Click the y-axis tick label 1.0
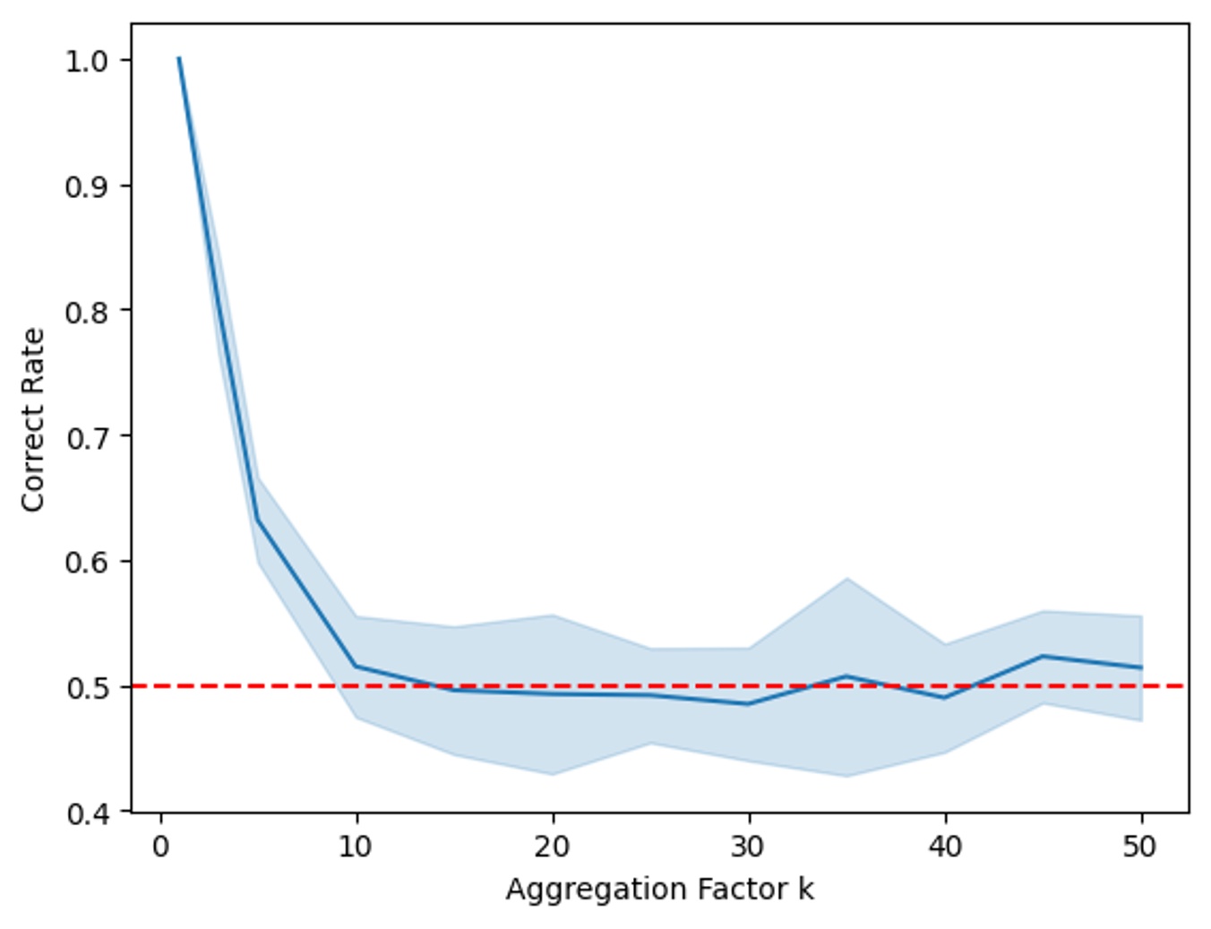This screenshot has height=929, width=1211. coord(86,61)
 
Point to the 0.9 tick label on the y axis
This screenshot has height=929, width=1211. coord(86,186)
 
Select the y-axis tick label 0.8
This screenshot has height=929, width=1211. coord(86,312)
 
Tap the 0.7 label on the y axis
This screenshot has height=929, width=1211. coord(86,437)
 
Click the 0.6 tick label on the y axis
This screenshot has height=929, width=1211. coord(86,563)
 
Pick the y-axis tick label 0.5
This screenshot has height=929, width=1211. coord(86,687)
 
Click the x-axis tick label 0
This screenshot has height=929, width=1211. coord(160,847)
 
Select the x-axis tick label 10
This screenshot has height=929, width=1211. coord(356,847)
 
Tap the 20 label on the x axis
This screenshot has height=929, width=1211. coord(552,847)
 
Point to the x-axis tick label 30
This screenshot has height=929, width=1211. coord(748,847)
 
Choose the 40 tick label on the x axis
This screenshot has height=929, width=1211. coord(944,847)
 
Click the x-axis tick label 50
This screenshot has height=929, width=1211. coord(1140,847)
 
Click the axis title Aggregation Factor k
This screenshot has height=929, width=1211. coord(659,890)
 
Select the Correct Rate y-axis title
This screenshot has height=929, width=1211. coord(33,419)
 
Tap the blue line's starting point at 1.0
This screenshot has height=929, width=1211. coord(179,59)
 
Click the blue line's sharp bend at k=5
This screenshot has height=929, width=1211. coord(257,520)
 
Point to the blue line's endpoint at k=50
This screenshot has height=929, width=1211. coord(1141,667)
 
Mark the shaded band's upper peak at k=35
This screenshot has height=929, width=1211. coord(846,579)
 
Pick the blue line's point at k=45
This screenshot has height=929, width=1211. coord(1043,656)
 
